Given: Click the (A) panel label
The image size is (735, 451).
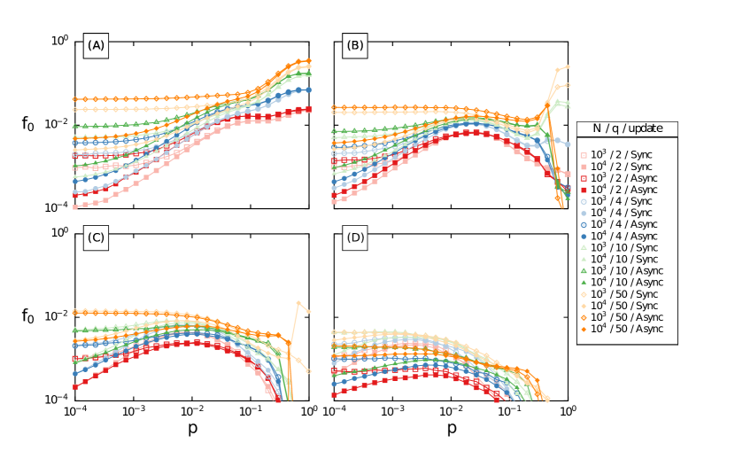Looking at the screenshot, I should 96,45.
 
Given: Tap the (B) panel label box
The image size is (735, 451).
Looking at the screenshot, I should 355,45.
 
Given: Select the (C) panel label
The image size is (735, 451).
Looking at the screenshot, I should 96,237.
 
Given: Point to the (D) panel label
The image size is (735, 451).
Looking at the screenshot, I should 355,237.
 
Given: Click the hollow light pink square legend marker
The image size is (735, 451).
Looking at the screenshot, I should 584,155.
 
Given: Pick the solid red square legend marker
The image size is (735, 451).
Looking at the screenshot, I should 584,191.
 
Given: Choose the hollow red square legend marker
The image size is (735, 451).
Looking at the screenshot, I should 584,178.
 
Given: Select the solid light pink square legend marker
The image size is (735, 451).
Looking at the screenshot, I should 584,167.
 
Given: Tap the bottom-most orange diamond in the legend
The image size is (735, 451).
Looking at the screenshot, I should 584,330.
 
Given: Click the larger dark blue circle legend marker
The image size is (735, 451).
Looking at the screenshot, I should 584,225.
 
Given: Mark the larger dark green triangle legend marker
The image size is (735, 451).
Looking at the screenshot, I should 584,271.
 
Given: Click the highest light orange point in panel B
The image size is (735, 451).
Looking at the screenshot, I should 567,66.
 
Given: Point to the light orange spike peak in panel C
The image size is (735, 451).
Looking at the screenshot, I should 298,303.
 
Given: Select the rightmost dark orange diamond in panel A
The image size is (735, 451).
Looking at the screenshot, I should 308,61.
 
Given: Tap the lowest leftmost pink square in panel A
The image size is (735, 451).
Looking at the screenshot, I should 75,207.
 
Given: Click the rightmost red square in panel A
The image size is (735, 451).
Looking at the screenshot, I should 308,109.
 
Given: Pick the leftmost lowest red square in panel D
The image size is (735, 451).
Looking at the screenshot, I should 335,394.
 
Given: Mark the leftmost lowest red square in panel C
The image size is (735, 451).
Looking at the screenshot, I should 75,386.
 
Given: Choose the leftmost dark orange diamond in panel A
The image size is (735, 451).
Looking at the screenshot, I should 75,99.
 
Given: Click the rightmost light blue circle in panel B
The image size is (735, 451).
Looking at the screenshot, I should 567,144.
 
